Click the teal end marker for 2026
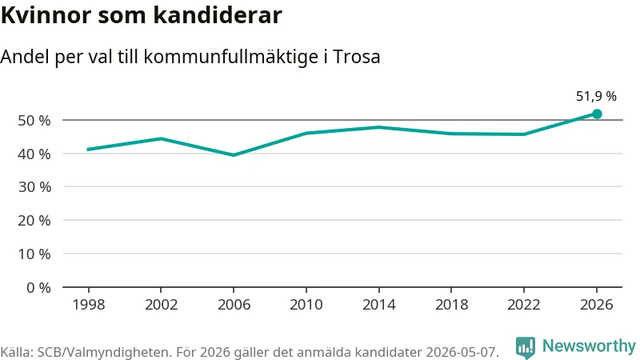point(597,114)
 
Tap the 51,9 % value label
point(596,96)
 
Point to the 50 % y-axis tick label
point(34,121)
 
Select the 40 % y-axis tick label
point(34,154)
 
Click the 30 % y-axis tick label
point(34,187)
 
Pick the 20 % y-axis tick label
point(34,221)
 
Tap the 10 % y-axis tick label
point(34,254)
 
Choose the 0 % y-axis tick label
point(38,287)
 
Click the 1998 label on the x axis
point(88,305)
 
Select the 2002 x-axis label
point(161,305)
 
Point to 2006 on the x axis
point(234,305)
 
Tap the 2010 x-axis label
point(306,305)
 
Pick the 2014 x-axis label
point(378,305)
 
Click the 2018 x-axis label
point(451,305)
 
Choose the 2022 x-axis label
point(524,305)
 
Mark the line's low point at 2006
point(234,155)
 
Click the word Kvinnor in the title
point(46,15)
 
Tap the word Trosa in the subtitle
point(356,56)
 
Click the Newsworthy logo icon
point(526,347)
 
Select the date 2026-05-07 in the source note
point(462,352)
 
